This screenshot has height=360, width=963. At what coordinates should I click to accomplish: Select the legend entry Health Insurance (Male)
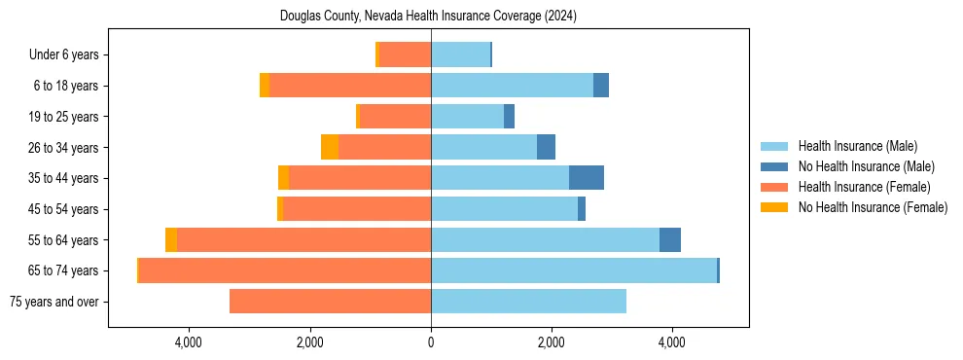pyautogui.click(x=857, y=146)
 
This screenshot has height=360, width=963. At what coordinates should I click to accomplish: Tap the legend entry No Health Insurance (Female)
pyautogui.click(x=873, y=207)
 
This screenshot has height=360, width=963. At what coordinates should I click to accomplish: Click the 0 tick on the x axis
pyautogui.click(x=430, y=342)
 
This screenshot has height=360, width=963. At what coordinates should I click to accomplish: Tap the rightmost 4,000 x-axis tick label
pyautogui.click(x=672, y=342)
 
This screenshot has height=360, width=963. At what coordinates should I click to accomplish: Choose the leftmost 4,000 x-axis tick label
pyautogui.click(x=188, y=342)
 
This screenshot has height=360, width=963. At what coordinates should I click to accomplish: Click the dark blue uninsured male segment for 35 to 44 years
pyautogui.click(x=587, y=178)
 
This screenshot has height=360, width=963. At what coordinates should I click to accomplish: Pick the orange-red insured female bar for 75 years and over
pyautogui.click(x=330, y=302)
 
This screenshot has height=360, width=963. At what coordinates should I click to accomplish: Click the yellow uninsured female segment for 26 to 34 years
pyautogui.click(x=330, y=147)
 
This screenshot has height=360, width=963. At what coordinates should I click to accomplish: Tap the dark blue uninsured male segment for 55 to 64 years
pyautogui.click(x=670, y=239)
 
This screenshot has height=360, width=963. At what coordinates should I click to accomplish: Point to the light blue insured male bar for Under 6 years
pyautogui.click(x=460, y=55)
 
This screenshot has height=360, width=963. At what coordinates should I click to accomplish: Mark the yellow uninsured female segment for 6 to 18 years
pyautogui.click(x=265, y=86)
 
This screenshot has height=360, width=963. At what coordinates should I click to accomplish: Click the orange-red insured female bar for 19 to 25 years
pyautogui.click(x=395, y=117)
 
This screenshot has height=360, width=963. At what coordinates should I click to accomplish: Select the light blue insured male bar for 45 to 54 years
pyautogui.click(x=504, y=209)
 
